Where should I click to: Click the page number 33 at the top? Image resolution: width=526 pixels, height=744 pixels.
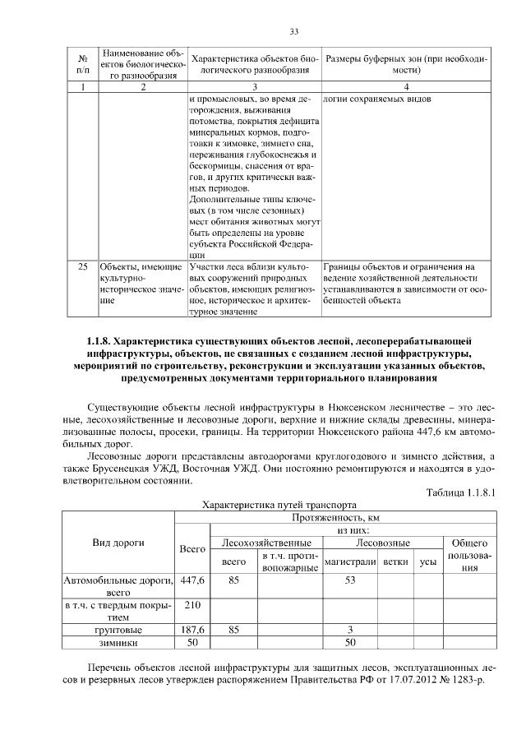[293, 32]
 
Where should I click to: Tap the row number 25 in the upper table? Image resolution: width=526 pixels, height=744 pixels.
[82, 266]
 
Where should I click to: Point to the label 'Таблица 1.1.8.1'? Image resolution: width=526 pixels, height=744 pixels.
[462, 492]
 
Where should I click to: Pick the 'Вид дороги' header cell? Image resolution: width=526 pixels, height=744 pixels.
[119, 543]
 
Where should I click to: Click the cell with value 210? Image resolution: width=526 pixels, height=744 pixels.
[192, 606]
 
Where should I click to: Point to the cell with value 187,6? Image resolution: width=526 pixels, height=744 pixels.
[192, 630]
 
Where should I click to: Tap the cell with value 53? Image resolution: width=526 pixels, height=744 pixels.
[349, 580]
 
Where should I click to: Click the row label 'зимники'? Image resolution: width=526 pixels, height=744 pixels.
[119, 642]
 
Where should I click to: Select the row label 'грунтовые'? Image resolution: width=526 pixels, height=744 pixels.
[119, 630]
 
